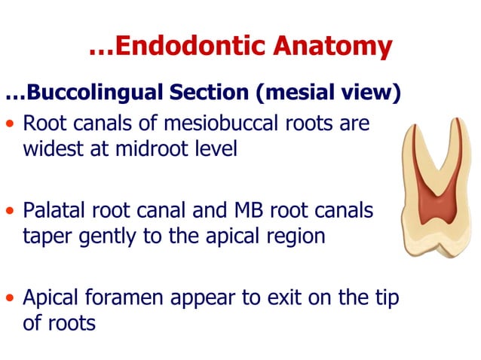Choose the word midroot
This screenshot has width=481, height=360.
[139, 148]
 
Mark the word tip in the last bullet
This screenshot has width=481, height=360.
[384, 298]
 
